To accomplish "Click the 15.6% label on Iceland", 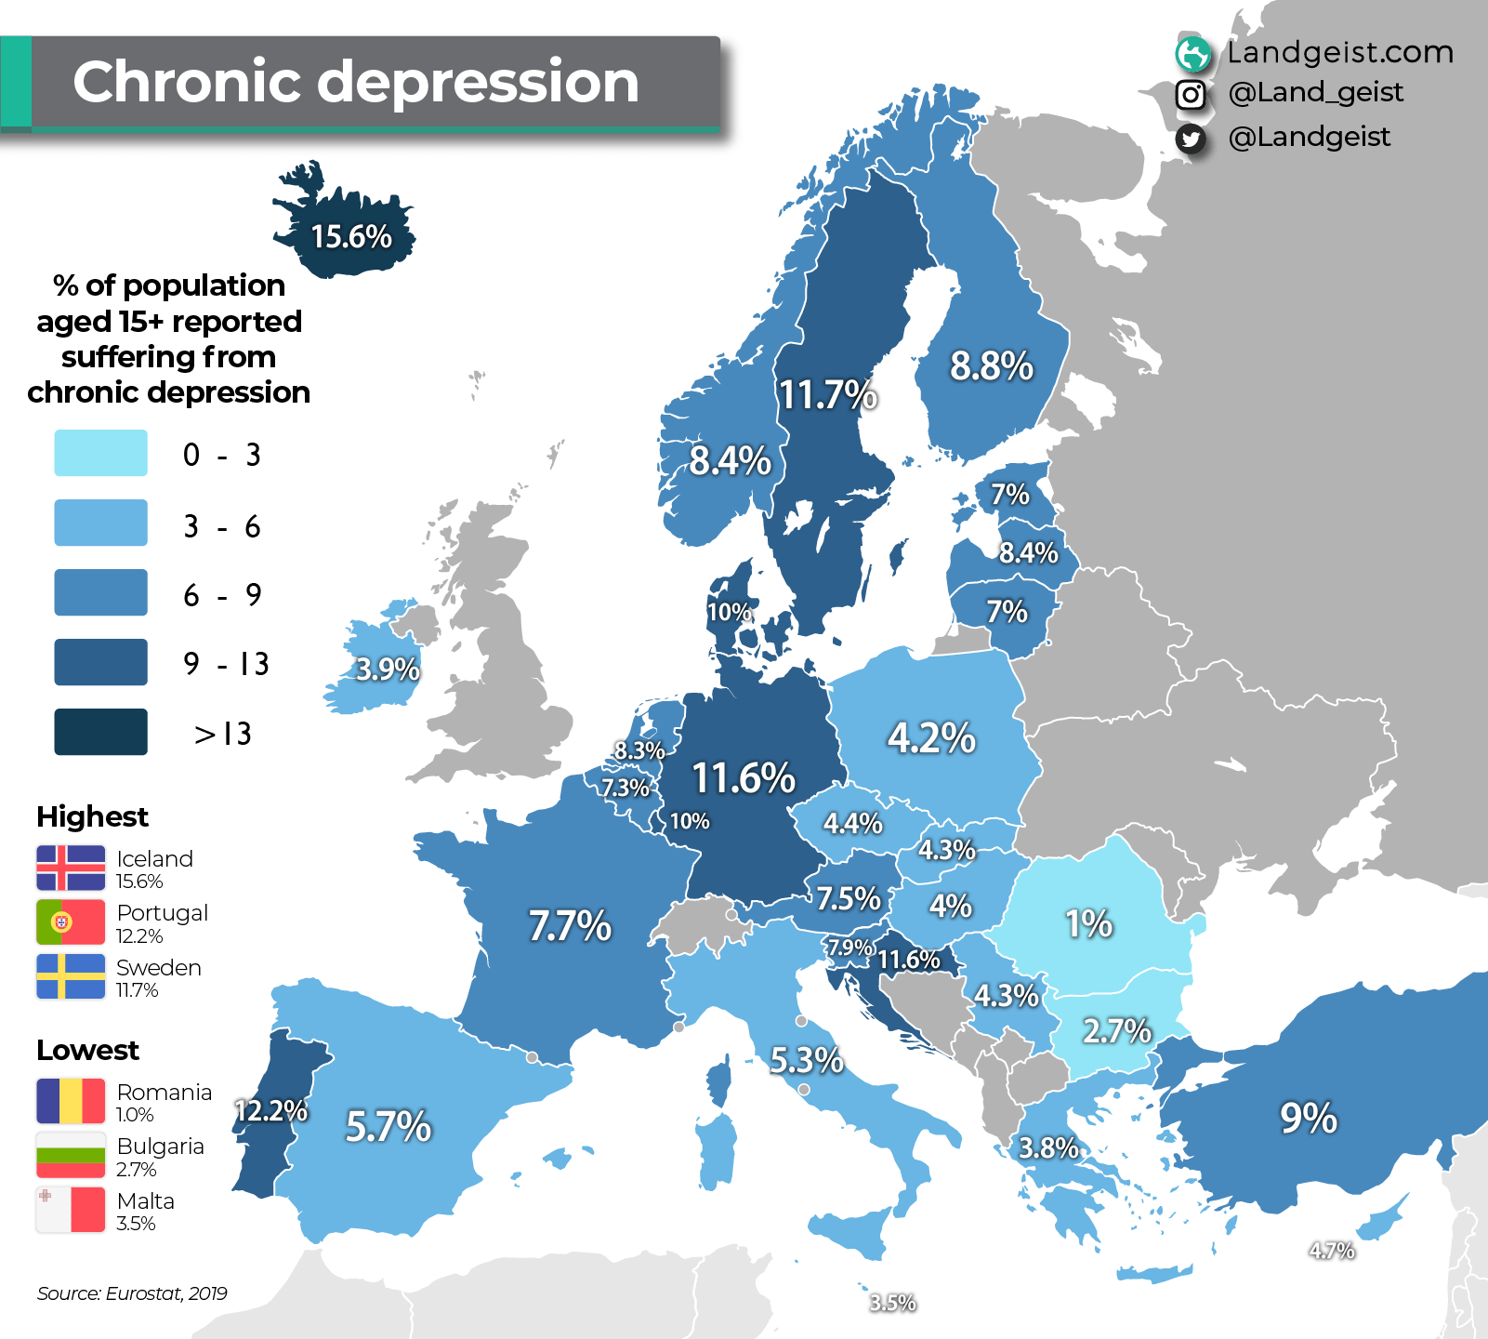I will (351, 237).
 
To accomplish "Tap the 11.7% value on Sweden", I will (827, 395).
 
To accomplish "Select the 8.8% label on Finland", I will (991, 366).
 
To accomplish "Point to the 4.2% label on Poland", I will (931, 738).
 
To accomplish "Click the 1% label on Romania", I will (1088, 924).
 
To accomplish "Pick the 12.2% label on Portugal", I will (270, 1110).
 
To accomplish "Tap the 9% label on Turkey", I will (1308, 1118).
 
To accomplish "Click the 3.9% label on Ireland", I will (388, 669).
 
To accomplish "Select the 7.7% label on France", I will (570, 926).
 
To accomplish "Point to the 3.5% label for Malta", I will (892, 1303).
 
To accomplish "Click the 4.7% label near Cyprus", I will (1331, 1251).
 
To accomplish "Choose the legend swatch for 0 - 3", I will (100, 454).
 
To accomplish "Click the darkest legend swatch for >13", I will (100, 732).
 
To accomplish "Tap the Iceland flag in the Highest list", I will (71, 868).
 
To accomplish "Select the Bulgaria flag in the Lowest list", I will (71, 1155).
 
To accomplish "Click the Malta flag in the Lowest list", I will (71, 1210).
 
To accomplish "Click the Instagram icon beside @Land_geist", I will (1191, 94).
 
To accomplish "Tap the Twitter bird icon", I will (1191, 139).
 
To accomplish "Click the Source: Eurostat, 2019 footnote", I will (132, 1293).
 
